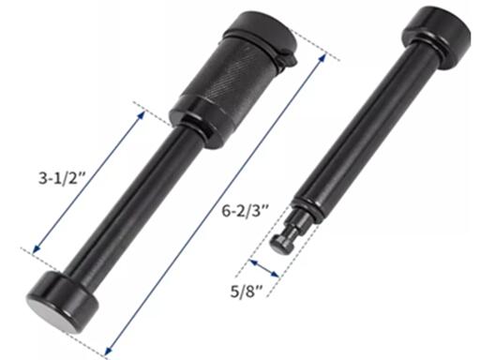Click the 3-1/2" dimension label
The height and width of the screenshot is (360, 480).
(62, 178)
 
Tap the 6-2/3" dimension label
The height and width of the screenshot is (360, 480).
(246, 210)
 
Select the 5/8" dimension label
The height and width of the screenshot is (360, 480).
(246, 292)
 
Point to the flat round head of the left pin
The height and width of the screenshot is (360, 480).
(63, 302)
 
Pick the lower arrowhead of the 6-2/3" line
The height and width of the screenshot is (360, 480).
(109, 351)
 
